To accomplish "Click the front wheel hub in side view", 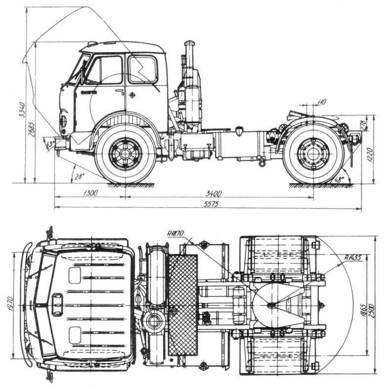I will tap(125, 153).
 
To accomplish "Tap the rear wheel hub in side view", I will tap(313, 153).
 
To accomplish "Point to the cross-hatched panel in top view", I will tap(183, 305).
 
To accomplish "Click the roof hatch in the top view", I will tap(57, 305).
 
